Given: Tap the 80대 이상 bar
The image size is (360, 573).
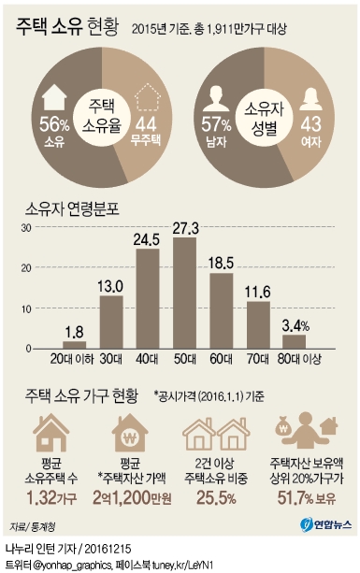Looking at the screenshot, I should click(x=293, y=340).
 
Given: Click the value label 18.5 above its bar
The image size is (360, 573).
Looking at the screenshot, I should click(x=221, y=265).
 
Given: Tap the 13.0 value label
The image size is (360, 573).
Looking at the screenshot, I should click(x=111, y=287).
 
